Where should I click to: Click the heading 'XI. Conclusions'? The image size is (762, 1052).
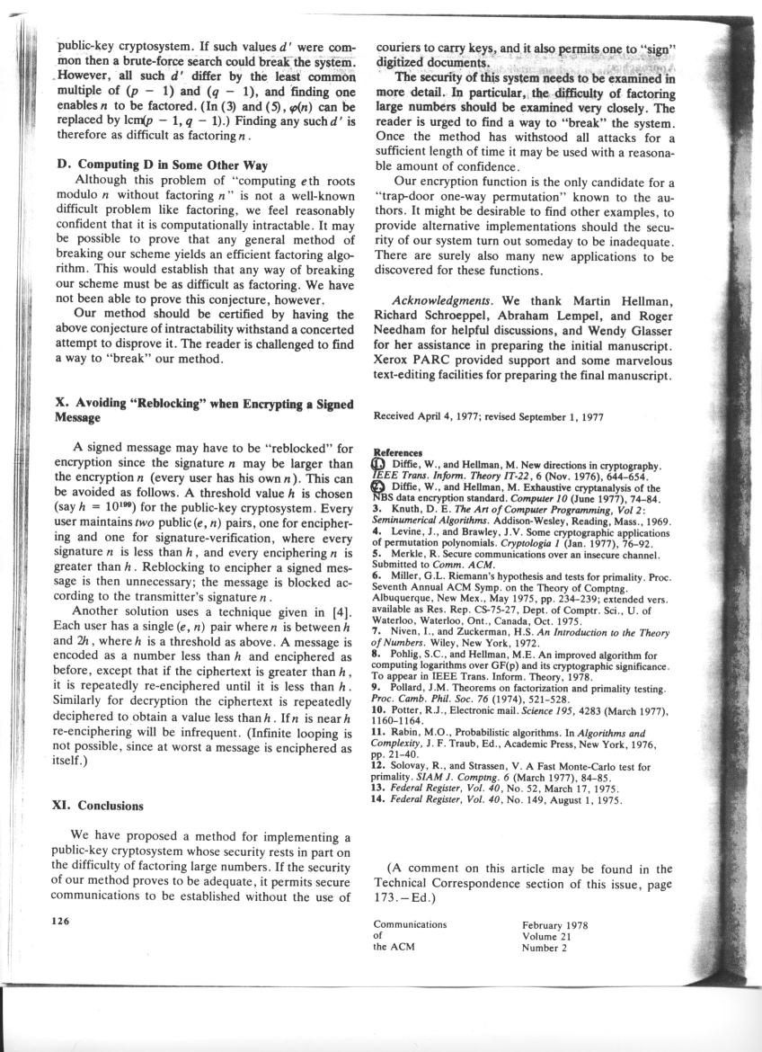point(99,806)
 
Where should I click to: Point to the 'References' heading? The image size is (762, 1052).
point(397,453)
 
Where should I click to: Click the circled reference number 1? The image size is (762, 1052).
point(377,464)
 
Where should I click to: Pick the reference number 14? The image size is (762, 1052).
point(378,798)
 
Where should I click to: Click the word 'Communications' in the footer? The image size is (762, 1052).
point(410,923)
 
